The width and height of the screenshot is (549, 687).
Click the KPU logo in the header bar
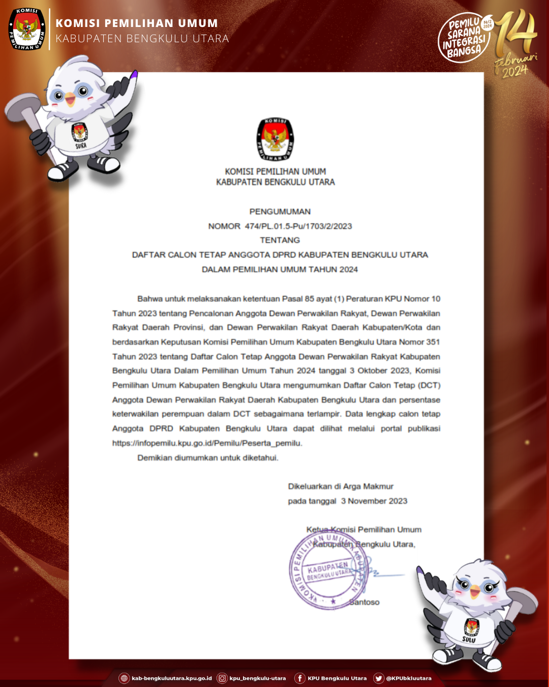(27, 29)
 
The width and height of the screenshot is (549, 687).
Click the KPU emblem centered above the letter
(275, 139)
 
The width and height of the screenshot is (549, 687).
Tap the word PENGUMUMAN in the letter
(280, 211)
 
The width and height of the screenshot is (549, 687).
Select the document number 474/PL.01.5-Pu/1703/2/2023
(298, 226)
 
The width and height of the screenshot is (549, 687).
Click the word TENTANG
(280, 240)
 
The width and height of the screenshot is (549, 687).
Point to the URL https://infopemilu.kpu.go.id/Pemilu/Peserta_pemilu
(207, 443)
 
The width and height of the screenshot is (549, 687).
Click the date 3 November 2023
(374, 501)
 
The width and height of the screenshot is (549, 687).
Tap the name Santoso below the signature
(365, 603)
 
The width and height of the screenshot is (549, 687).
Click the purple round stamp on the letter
(328, 571)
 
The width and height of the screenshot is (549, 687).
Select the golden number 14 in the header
(516, 33)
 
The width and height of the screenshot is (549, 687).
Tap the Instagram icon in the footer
(222, 678)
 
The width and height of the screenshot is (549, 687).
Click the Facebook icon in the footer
(300, 678)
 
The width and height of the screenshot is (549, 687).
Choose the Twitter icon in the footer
(379, 678)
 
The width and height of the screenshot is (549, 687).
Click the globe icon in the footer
(124, 678)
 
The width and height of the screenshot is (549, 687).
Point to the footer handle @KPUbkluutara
(409, 678)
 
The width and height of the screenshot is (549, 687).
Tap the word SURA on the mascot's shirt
(81, 146)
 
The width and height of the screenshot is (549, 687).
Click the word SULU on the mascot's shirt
(469, 640)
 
